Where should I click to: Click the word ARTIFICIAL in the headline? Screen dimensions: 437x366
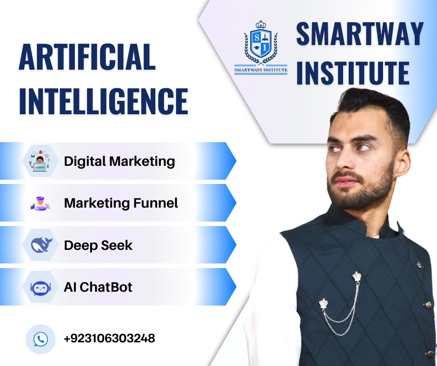tap(87, 57)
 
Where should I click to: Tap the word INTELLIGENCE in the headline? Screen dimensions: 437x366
tap(104, 101)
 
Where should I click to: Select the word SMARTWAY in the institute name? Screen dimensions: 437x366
tap(360, 34)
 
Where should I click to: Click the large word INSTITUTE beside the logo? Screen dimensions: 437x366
tap(353, 73)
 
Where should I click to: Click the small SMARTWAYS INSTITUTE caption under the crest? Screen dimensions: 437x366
tap(261, 70)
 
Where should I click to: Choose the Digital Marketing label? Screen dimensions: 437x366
tap(119, 162)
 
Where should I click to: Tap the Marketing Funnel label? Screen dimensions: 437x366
tap(121, 203)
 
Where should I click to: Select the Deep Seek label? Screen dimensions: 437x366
tap(98, 246)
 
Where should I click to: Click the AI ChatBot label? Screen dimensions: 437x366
tap(98, 287)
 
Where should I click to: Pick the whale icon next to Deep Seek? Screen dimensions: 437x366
tap(41, 245)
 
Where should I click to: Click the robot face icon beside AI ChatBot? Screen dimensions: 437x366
tap(41, 288)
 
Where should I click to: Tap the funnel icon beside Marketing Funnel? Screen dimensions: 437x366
tap(40, 203)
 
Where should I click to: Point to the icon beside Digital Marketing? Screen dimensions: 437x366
tap(40, 161)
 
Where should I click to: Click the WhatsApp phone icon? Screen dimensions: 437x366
tap(41, 339)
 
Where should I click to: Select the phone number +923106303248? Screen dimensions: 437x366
tap(110, 339)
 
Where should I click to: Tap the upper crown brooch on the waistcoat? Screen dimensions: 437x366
tap(357, 276)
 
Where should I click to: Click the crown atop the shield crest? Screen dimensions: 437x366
tap(261, 24)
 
